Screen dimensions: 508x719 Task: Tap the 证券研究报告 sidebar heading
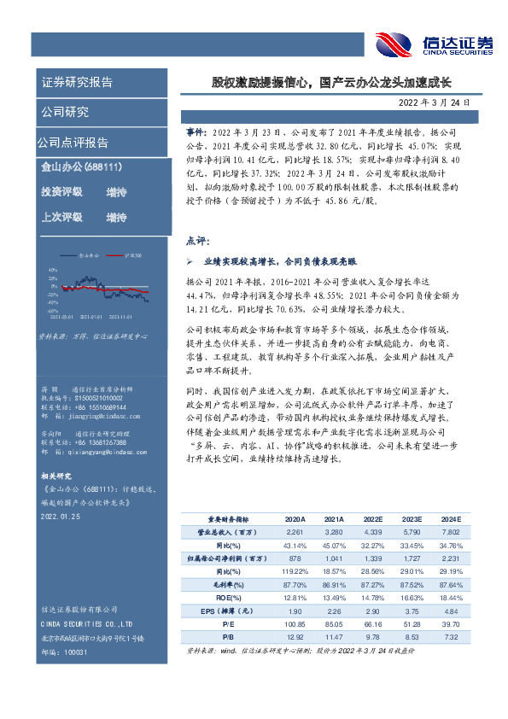[x=77, y=83]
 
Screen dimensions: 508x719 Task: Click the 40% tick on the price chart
[x=52, y=268]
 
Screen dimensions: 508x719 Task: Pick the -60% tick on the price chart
[x=52, y=310]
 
